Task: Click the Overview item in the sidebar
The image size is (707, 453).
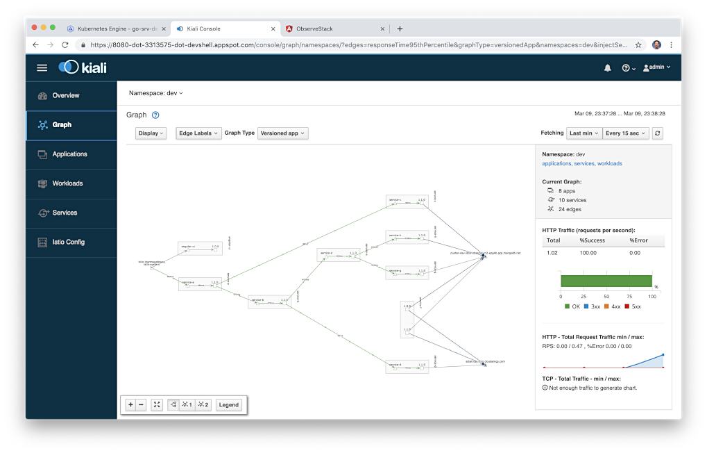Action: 66,95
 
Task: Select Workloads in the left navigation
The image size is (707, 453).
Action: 67,183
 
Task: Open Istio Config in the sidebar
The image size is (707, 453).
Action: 68,242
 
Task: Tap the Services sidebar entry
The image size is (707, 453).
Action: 65,213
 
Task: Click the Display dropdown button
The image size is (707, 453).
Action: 151,133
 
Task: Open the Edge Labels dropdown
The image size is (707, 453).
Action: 198,133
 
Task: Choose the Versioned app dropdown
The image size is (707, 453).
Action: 282,133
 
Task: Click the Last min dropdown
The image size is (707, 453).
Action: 584,133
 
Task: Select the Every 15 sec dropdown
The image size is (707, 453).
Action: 625,133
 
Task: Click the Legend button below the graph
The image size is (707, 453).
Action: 228,405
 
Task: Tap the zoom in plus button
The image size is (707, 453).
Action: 130,405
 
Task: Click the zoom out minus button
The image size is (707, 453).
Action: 141,405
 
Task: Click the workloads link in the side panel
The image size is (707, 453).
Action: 609,164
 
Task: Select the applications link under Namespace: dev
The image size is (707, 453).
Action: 556,164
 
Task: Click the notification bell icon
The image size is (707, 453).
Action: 608,67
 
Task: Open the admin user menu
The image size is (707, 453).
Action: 656,67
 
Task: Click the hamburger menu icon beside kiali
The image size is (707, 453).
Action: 42,67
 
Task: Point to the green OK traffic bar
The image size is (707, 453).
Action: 606,281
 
